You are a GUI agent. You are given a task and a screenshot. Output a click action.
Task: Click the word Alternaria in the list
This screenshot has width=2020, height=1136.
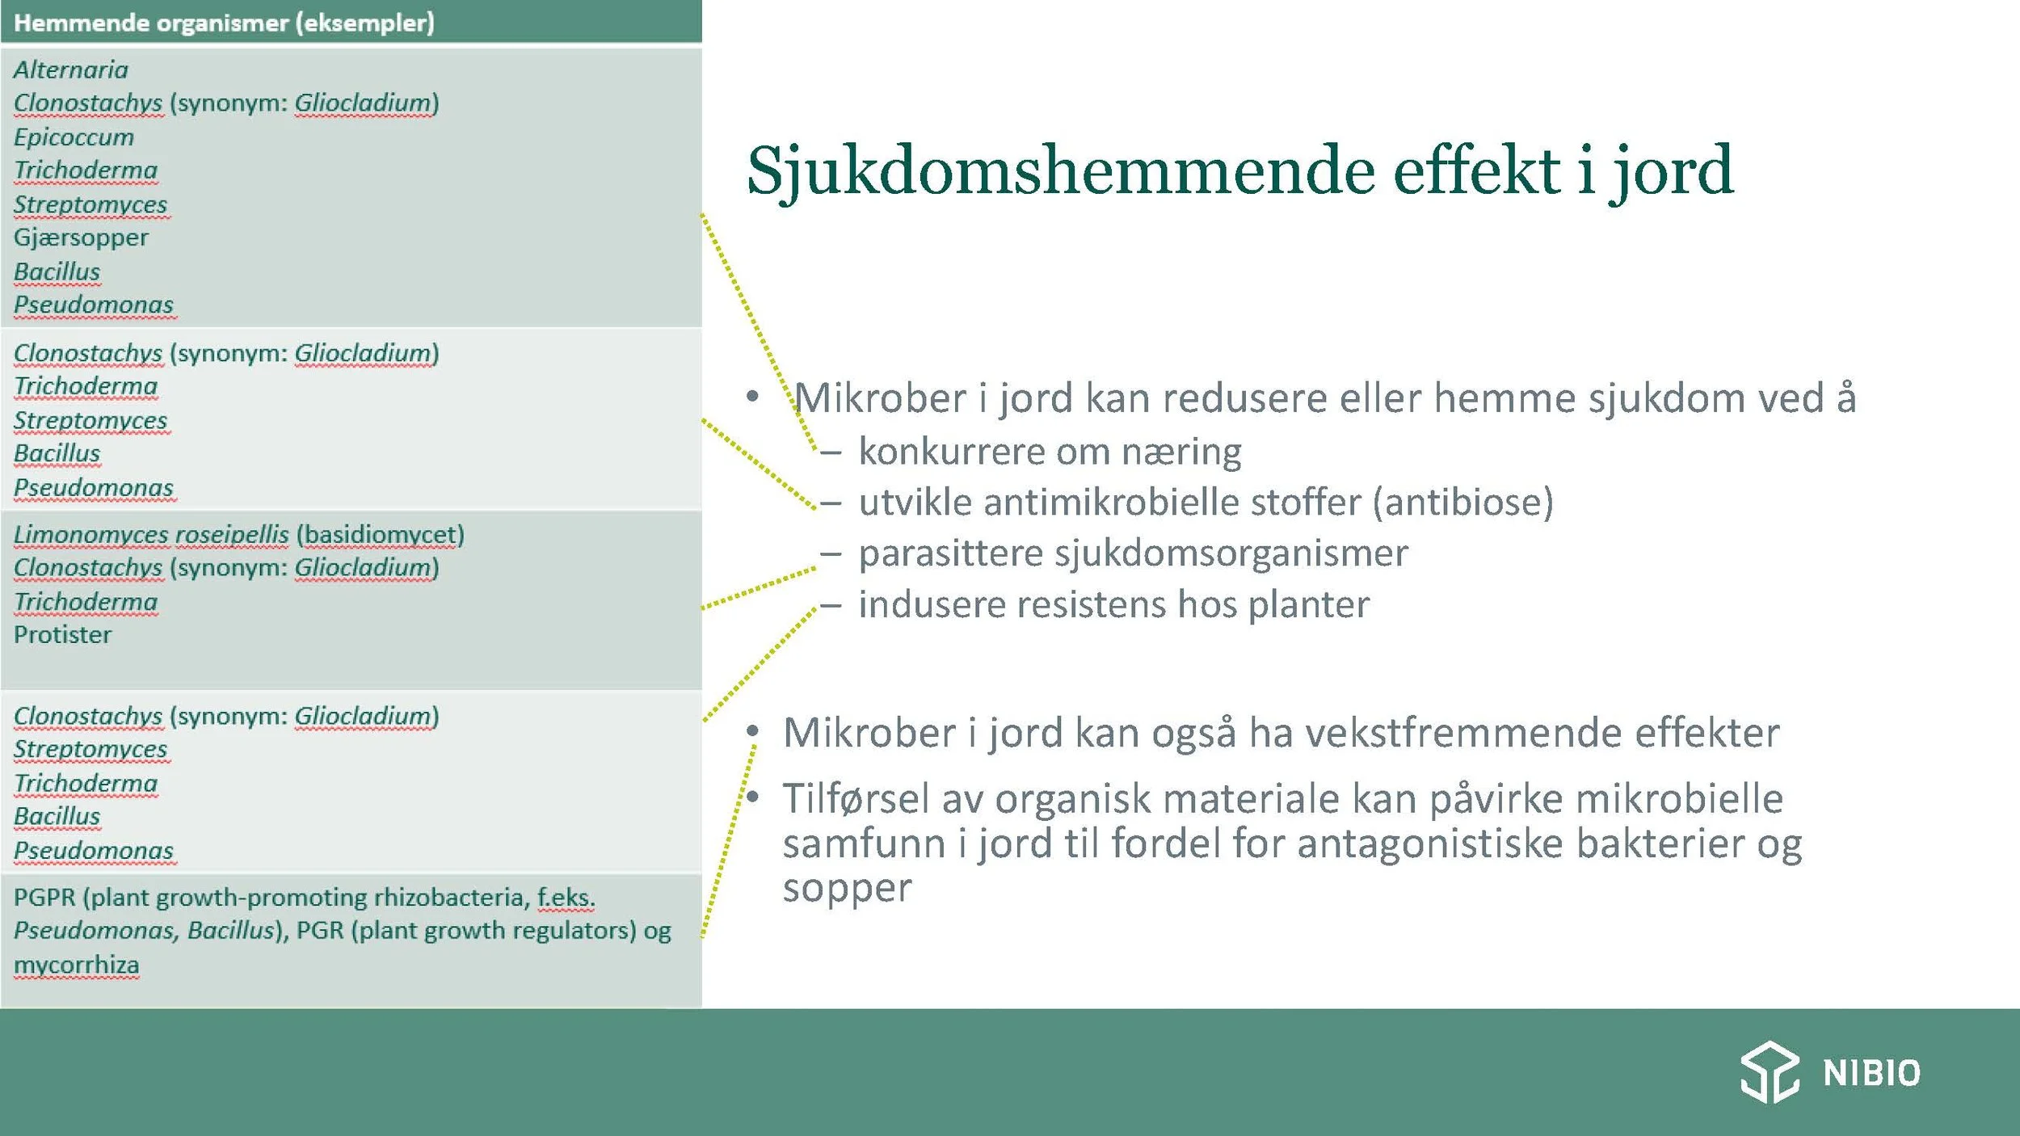pos(71,69)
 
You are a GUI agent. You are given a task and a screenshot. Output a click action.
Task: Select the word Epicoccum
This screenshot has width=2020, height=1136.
pos(74,137)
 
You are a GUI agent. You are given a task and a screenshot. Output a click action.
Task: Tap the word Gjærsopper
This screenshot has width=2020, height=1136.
pos(81,238)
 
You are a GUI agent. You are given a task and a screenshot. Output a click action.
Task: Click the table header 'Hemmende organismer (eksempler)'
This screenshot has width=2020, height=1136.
pos(224,23)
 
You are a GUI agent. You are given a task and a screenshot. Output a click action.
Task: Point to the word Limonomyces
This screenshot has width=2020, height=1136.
pos(91,535)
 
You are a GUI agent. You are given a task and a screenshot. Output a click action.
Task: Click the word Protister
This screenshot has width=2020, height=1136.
pos(62,635)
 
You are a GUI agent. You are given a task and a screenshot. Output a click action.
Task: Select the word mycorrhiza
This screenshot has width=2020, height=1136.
pos(76,965)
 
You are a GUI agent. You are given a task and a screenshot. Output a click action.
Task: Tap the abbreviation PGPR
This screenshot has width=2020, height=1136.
pos(44,898)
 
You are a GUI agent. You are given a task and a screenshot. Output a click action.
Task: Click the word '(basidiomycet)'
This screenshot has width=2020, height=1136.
pos(381,535)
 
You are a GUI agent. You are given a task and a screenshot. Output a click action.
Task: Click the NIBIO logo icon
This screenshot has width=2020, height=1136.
pos(1770,1072)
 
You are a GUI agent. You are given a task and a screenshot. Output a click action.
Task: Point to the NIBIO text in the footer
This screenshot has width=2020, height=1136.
pos(1871,1074)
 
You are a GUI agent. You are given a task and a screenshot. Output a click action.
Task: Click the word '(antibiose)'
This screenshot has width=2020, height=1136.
pos(1462,503)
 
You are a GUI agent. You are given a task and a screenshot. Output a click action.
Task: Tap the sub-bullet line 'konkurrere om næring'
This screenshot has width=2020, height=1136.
pos(1049,452)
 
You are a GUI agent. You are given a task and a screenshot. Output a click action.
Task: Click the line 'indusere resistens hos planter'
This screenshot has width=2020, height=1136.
pos(1113,604)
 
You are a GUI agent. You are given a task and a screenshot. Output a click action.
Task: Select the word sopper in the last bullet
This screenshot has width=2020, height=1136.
pos(847,888)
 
